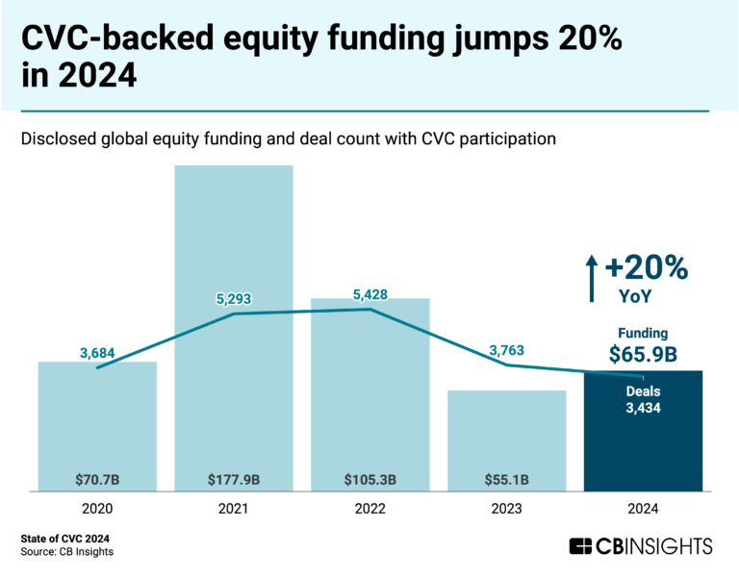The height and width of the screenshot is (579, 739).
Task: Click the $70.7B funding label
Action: pyautogui.click(x=97, y=478)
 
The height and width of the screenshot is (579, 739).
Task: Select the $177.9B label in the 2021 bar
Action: pyautogui.click(x=234, y=478)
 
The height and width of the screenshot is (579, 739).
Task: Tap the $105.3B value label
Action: pyautogui.click(x=370, y=478)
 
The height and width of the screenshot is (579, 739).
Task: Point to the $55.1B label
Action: pyautogui.click(x=506, y=478)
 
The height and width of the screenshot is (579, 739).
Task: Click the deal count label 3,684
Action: pyautogui.click(x=97, y=353)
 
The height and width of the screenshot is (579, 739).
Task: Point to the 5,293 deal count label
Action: pyautogui.click(x=234, y=298)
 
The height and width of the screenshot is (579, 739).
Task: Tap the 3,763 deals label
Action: pyautogui.click(x=506, y=350)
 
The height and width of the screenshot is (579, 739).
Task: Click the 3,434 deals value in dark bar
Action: pyautogui.click(x=643, y=409)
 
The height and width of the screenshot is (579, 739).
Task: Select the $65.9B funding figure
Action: pyautogui.click(x=643, y=354)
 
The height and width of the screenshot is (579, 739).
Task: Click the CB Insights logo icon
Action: pyautogui.click(x=581, y=546)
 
